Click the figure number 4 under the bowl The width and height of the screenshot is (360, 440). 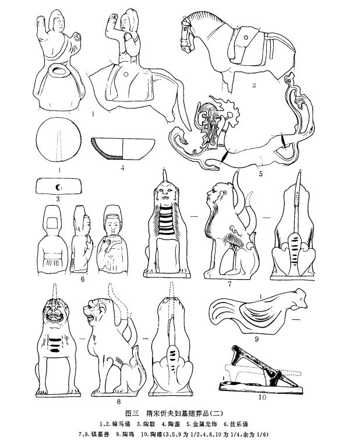(x=122, y=168)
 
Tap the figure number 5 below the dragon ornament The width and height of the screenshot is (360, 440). (x=260, y=174)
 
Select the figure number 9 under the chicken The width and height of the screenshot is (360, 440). (x=256, y=339)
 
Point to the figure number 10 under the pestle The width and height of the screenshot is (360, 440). (x=262, y=397)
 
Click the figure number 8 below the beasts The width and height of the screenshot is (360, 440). (x=119, y=402)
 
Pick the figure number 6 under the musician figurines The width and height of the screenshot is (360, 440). (x=83, y=279)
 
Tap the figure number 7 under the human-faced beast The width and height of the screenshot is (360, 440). (x=230, y=284)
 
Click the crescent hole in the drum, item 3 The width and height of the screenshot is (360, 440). (x=59, y=186)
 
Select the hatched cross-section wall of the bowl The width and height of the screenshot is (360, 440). (x=105, y=149)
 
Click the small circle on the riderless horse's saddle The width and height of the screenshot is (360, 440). (x=246, y=37)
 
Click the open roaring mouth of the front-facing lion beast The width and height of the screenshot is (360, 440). (x=55, y=318)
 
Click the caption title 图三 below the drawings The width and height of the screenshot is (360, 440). (x=132, y=414)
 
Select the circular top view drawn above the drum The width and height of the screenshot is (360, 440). (x=59, y=139)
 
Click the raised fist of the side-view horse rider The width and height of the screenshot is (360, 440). (x=113, y=17)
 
